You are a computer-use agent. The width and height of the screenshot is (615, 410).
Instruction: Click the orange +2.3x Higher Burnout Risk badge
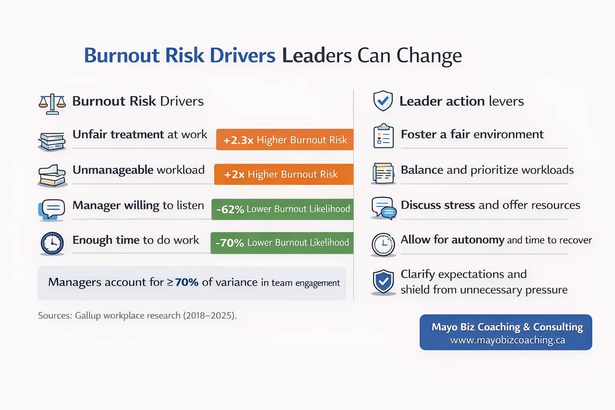tap(285, 140)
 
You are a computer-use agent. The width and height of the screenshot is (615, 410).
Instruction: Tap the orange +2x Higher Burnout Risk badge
tap(283, 174)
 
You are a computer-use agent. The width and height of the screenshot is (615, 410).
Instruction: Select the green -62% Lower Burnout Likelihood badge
tap(282, 209)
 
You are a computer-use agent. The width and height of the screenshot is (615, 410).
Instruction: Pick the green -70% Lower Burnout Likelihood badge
tap(282, 243)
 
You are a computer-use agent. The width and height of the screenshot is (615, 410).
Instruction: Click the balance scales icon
tap(52, 104)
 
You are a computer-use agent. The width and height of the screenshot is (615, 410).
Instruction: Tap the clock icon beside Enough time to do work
tap(52, 243)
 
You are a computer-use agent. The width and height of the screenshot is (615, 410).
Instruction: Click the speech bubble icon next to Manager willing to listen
tap(52, 209)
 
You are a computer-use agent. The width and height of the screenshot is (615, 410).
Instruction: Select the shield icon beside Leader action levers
tap(383, 100)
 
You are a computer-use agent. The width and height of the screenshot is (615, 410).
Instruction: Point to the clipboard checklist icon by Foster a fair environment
tap(383, 136)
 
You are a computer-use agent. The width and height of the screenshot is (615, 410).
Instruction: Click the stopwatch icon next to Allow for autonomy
tap(383, 244)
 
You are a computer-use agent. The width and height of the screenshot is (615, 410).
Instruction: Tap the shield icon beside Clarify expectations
tap(383, 281)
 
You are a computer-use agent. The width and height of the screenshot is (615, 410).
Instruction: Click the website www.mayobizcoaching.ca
tap(507, 340)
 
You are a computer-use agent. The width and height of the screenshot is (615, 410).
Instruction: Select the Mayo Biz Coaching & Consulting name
tap(507, 327)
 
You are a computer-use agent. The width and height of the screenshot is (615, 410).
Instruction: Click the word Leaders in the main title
tap(316, 55)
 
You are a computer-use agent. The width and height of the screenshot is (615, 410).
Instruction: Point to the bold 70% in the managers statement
tap(187, 282)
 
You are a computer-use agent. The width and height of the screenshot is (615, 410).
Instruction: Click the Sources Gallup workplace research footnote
tap(137, 316)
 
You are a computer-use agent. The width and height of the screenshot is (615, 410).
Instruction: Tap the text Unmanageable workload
tap(139, 170)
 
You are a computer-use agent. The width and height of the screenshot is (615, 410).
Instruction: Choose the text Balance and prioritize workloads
tap(487, 170)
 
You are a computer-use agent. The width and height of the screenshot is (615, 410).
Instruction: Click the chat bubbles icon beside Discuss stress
tap(384, 208)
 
